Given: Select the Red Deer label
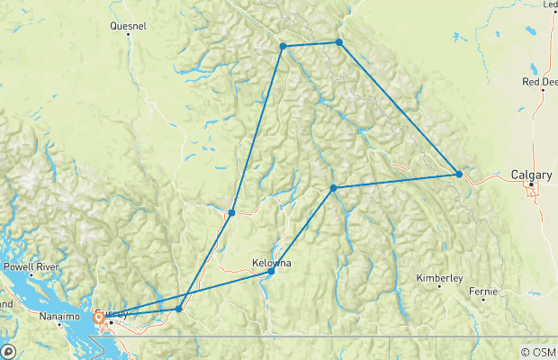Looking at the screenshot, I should click(539, 82).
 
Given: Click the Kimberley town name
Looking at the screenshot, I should click(439, 277).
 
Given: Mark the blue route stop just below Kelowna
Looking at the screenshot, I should click(271, 270).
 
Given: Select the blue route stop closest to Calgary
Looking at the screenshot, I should click(459, 174).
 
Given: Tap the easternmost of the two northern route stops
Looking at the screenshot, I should click(338, 42).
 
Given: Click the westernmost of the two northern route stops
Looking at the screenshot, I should click(283, 46).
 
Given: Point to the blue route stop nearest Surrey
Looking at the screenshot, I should click(179, 309).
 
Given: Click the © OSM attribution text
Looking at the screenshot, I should click(539, 352).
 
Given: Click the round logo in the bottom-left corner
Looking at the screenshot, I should click(6, 351).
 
